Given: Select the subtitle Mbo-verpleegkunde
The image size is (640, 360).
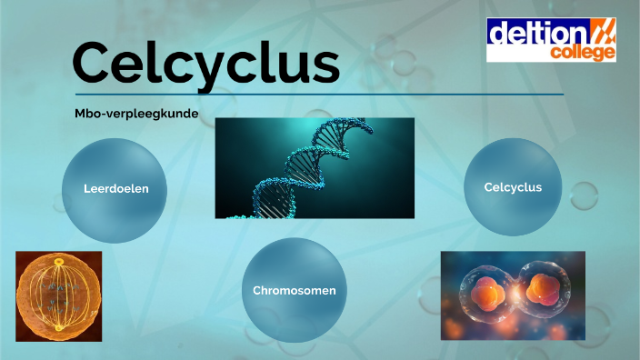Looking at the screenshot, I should (136, 114).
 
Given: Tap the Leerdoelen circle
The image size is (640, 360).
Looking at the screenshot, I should (115, 189).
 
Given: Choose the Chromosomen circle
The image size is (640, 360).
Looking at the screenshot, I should (295, 290).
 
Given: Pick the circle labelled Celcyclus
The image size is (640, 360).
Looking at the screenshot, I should (513, 188).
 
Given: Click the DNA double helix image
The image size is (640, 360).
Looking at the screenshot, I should (315, 168).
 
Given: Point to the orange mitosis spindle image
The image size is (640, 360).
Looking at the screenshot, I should (58, 296).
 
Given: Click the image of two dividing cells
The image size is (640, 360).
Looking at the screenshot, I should (513, 295).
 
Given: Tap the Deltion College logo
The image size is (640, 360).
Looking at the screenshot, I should (551, 40).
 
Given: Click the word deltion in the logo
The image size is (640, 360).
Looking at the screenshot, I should (540, 34).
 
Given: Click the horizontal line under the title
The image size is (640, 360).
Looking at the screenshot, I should (318, 94).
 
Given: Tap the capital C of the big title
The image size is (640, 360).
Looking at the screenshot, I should (95, 63).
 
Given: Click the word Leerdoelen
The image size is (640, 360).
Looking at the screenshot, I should (115, 189).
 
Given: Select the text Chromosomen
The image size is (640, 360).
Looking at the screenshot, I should (295, 291).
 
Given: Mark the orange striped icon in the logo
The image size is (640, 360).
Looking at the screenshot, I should (604, 32).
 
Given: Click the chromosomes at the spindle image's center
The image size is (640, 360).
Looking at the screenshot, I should (57, 293).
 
